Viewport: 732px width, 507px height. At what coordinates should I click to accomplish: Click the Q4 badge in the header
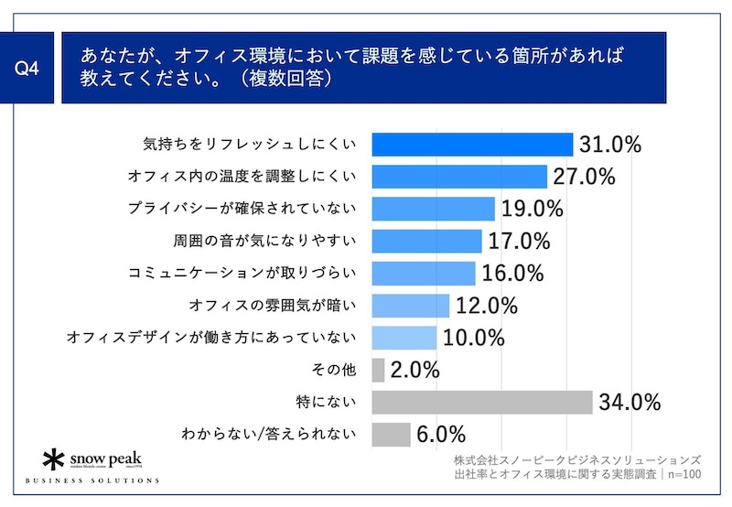pos(34,68)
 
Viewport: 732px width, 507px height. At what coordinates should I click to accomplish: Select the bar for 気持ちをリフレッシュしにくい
pos(472,145)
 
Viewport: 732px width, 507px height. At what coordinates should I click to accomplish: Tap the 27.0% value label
pos(582,177)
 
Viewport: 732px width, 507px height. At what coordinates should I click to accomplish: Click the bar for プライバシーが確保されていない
pos(434,209)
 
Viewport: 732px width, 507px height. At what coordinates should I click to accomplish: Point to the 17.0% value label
pos(518,242)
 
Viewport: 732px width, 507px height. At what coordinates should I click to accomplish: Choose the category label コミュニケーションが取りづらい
pos(242,274)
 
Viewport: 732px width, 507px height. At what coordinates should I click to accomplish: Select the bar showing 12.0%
pos(411,306)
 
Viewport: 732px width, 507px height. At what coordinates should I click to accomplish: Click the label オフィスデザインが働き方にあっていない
pos(210,338)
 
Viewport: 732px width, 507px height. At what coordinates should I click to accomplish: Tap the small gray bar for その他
pos(379,370)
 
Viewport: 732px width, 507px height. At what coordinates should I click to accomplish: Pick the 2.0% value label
pos(415,370)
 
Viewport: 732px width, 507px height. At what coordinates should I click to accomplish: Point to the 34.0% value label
pos(630,402)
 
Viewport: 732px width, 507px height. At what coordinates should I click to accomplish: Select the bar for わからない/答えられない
pos(392,434)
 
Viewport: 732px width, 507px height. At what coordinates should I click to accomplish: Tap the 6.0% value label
pos(442,434)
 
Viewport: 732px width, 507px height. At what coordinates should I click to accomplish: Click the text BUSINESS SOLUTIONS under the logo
pos(91,480)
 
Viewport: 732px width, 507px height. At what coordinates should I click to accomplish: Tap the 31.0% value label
pos(608,145)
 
